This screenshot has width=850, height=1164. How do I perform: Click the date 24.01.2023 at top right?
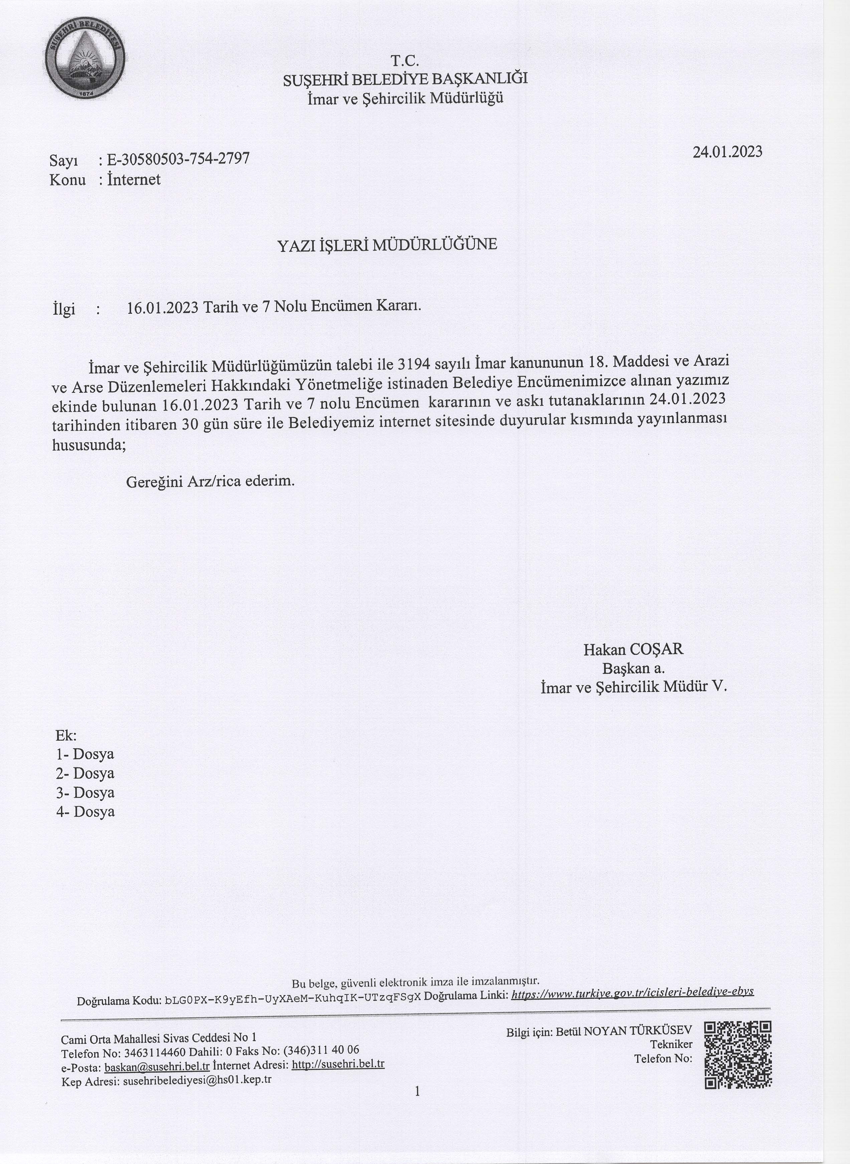(x=727, y=152)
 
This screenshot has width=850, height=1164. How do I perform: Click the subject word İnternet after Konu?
(x=133, y=179)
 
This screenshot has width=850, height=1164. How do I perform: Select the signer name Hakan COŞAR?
(x=633, y=649)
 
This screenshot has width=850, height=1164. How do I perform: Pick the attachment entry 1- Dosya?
(x=85, y=754)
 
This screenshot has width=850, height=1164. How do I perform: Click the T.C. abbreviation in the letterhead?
(x=405, y=61)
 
